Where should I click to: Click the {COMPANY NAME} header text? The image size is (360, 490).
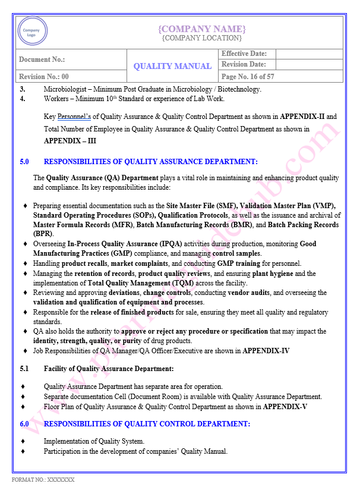tap(201, 29)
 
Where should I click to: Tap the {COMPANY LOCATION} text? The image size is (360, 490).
tap(201, 38)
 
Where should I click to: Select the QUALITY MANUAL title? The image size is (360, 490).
tap(172, 66)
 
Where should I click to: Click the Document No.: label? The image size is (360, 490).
tap(42, 59)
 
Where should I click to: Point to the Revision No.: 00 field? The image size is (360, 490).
tap(44, 77)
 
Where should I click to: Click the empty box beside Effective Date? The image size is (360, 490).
tap(309, 54)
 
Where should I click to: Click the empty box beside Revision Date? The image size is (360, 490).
tap(309, 64)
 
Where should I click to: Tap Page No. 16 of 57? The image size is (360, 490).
tap(247, 77)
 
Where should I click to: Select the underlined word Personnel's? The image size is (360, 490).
tap(74, 117)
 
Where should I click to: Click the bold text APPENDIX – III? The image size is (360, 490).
tap(70, 141)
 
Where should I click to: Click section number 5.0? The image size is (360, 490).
tap(24, 161)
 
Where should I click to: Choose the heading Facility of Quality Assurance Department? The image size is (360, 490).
tap(109, 369)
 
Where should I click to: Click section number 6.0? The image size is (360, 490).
tap(24, 424)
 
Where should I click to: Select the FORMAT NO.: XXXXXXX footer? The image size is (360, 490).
tap(43, 479)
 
